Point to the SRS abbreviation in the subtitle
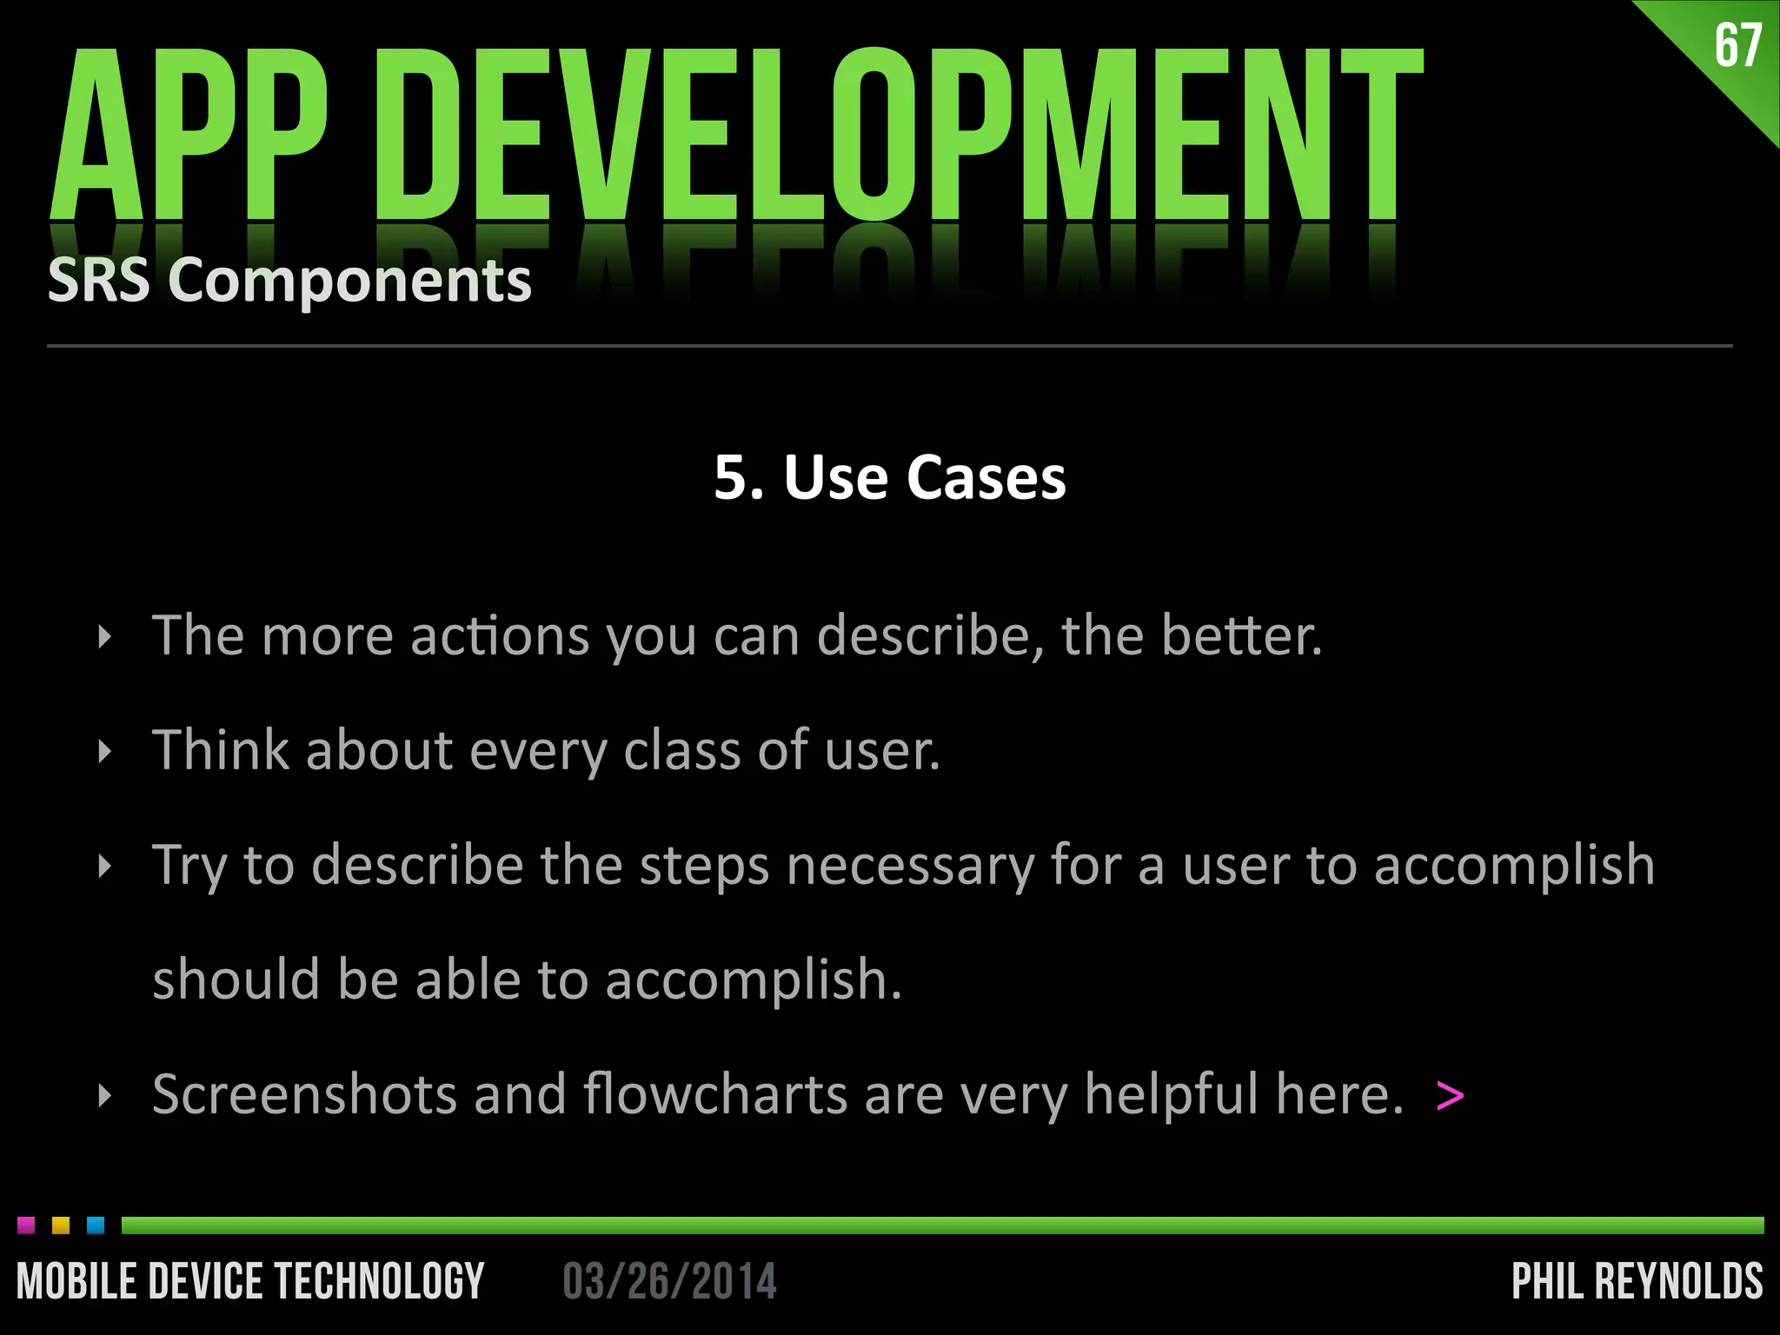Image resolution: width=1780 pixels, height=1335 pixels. click(98, 281)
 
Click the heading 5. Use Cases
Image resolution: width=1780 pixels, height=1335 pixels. click(890, 477)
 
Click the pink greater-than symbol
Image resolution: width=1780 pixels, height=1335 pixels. click(1450, 1095)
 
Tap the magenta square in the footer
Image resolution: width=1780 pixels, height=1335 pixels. click(26, 1225)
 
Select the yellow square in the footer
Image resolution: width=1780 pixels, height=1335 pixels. click(61, 1225)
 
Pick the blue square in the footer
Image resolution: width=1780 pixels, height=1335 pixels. click(96, 1225)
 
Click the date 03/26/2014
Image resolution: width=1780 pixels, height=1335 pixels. click(669, 1281)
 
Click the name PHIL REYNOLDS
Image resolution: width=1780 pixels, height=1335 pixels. click(1637, 1281)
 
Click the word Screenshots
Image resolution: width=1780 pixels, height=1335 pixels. click(304, 1094)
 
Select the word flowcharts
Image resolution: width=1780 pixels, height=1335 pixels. click(715, 1094)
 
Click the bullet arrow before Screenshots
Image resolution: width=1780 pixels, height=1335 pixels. click(105, 1095)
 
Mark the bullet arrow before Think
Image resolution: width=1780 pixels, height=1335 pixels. click(105, 751)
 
